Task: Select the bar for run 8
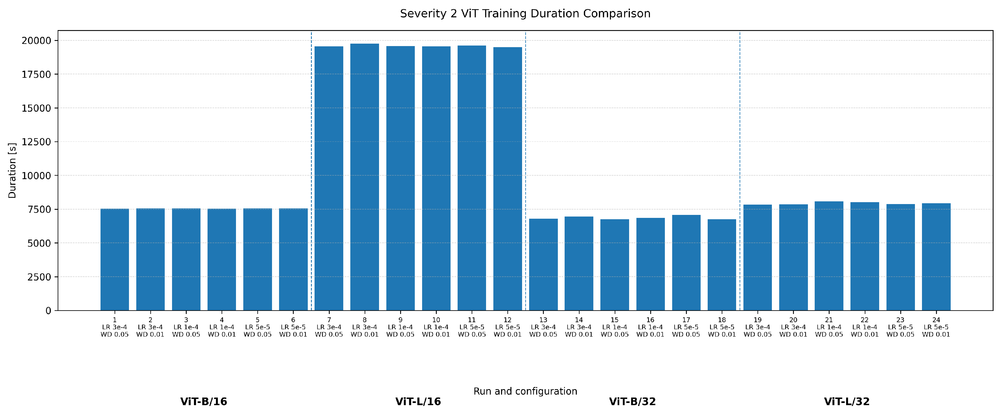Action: (x=364, y=177)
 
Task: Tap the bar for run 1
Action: (x=115, y=260)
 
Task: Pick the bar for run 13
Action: (x=543, y=265)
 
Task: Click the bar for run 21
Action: (x=829, y=256)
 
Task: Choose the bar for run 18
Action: (x=722, y=265)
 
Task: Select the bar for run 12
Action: (x=507, y=179)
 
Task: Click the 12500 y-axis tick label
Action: (x=37, y=142)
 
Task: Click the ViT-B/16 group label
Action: (x=204, y=402)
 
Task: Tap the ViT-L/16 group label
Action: (x=418, y=402)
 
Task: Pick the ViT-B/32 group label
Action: (x=632, y=402)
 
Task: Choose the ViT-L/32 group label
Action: (x=847, y=402)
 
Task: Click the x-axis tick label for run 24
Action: (x=936, y=327)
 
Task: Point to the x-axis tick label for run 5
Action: (x=257, y=327)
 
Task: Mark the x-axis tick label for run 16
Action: (x=650, y=327)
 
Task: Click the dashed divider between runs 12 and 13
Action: (x=526, y=171)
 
